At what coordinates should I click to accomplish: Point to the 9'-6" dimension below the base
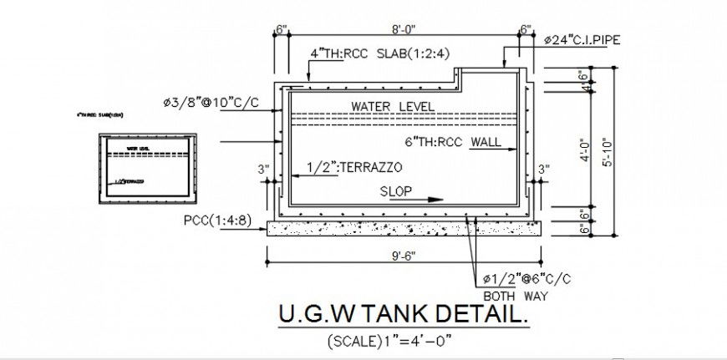pyautogui.click(x=401, y=255)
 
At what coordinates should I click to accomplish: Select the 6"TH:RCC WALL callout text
pyautogui.click(x=452, y=141)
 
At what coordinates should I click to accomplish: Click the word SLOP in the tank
pyautogui.click(x=396, y=190)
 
